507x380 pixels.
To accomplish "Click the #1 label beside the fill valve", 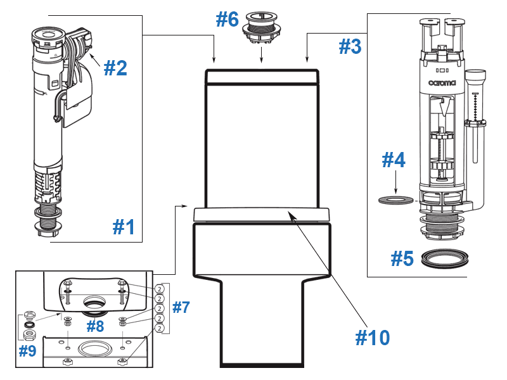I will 124,226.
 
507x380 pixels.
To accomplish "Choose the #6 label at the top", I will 227,20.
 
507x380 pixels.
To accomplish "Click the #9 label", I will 27,351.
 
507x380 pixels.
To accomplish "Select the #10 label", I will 372,338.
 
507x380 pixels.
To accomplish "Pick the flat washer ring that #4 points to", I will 395,201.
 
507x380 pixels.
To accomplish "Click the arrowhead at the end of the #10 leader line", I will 291,215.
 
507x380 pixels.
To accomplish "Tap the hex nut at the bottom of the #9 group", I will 29,334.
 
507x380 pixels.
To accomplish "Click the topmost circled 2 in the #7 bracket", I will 160,288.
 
